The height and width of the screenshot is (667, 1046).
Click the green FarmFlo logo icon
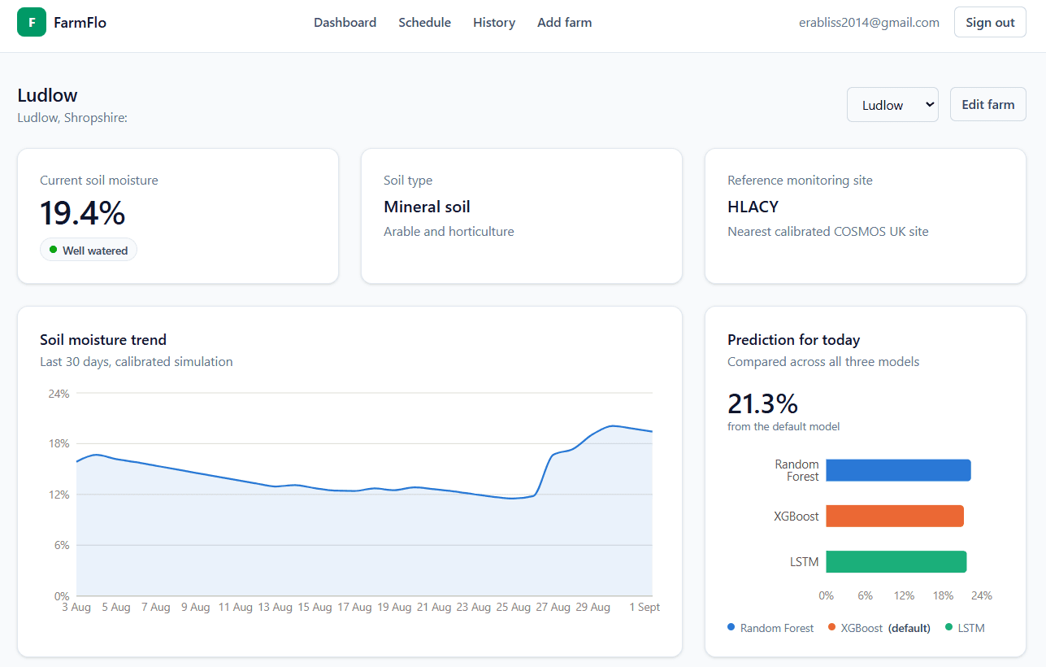[32, 22]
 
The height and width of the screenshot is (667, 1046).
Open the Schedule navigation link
[424, 23]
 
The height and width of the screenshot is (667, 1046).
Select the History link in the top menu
[494, 23]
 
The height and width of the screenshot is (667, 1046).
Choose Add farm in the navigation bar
[565, 23]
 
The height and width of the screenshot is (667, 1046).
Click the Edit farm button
[988, 104]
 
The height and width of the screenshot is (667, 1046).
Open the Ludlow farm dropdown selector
[892, 105]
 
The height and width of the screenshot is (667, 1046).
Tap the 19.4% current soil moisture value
[83, 213]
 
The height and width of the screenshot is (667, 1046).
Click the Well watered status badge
[89, 250]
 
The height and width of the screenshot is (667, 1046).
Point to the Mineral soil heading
[427, 207]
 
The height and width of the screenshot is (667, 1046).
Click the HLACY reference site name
[753, 207]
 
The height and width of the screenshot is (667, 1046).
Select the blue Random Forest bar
[898, 470]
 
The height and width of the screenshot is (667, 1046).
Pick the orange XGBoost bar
[895, 516]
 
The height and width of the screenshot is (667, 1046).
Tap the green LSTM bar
[896, 561]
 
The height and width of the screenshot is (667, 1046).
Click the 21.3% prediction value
[762, 403]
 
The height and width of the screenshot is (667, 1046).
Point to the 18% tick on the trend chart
[59, 443]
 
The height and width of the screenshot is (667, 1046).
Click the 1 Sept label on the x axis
[645, 607]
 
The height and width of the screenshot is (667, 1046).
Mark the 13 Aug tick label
[275, 607]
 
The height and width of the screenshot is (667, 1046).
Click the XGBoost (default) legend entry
[879, 628]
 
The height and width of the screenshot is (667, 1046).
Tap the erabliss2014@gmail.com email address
[869, 23]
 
